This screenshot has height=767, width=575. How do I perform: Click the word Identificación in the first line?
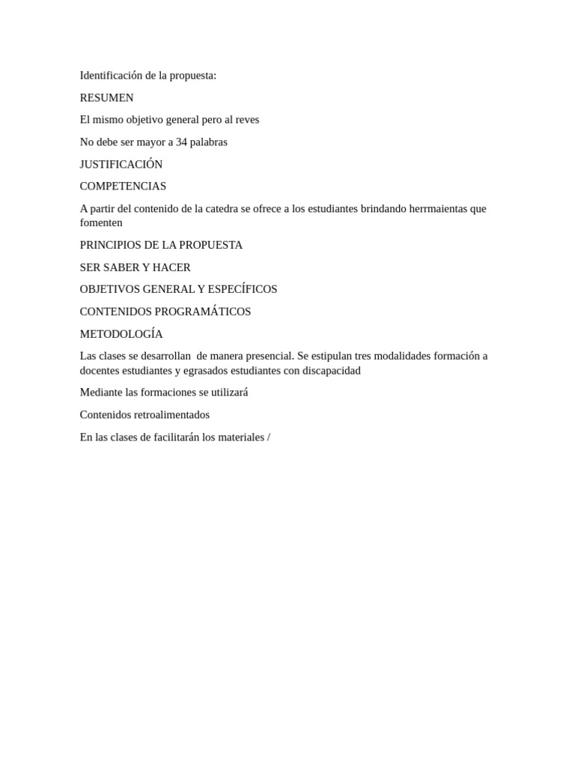pos(112,76)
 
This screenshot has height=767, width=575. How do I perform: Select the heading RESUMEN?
pos(107,97)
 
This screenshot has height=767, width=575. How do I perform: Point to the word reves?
pos(247,120)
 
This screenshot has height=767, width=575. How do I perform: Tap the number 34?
pos(182,142)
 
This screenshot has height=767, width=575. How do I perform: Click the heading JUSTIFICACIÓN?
pos(121,164)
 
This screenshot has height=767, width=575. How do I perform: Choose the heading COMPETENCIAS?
pos(124,186)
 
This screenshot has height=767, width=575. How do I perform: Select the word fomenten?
pos(101,222)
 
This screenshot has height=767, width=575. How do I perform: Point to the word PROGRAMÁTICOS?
pos(204,312)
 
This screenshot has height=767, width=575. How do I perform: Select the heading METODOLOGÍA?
pos(121,334)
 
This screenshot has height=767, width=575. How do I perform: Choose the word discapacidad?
pos(332,370)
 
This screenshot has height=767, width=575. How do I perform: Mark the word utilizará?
pos(229,392)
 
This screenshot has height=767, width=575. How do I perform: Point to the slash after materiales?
pos(268,437)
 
